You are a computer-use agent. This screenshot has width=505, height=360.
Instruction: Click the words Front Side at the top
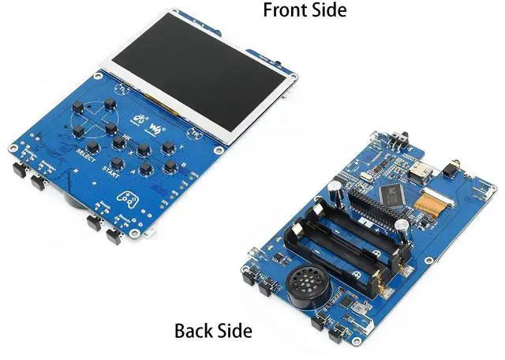tap(304, 10)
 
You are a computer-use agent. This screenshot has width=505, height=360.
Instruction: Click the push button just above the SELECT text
tap(93, 147)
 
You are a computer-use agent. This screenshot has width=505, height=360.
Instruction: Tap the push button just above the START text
tap(118, 143)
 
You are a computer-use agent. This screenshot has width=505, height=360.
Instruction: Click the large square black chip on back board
tap(393, 192)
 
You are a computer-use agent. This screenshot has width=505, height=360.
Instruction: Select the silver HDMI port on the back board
tap(417, 168)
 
